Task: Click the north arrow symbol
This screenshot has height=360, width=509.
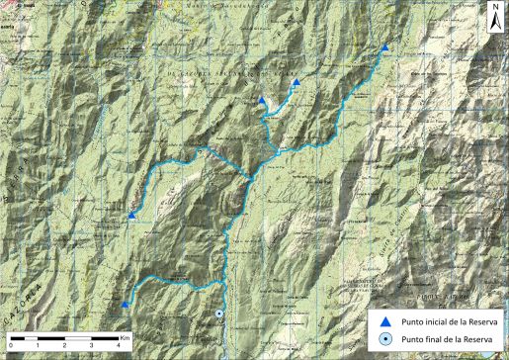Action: pyautogui.click(x=493, y=21)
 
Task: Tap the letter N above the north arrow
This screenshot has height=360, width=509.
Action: pyautogui.click(x=493, y=9)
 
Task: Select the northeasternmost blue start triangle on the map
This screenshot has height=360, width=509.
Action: pyautogui.click(x=383, y=47)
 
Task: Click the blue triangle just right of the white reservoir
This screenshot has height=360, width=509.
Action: pyautogui.click(x=295, y=83)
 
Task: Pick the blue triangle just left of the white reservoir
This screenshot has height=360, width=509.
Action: pyautogui.click(x=262, y=100)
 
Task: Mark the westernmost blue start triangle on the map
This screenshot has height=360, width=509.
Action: pyautogui.click(x=131, y=215)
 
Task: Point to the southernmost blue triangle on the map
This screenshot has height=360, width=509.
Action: pyautogui.click(x=125, y=305)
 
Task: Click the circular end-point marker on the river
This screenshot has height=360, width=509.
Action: pyautogui.click(x=218, y=315)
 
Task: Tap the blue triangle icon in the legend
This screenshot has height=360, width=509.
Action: pyautogui.click(x=386, y=321)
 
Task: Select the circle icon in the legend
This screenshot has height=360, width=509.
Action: pyautogui.click(x=386, y=339)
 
